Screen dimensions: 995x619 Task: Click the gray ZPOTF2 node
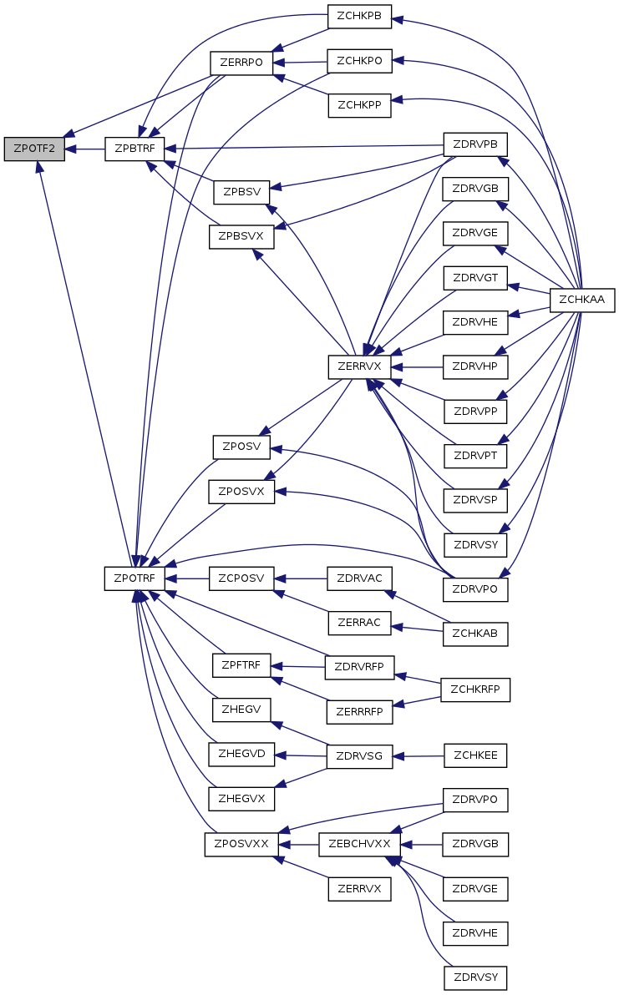pyautogui.click(x=34, y=149)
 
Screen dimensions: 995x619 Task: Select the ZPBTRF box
pyautogui.click(x=134, y=149)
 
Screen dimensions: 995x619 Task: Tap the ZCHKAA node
pyautogui.click(x=582, y=300)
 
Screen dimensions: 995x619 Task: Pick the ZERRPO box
pyautogui.click(x=241, y=63)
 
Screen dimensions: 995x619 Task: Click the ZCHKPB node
pyautogui.click(x=359, y=17)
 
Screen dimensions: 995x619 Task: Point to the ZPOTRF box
pyautogui.click(x=134, y=578)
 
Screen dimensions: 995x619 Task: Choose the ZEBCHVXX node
pyautogui.click(x=358, y=845)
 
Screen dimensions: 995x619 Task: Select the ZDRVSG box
pyautogui.click(x=359, y=756)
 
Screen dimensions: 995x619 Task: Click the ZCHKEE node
pyautogui.click(x=475, y=756)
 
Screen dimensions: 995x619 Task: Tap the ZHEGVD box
pyautogui.click(x=241, y=754)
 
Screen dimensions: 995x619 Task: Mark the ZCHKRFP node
pyautogui.click(x=475, y=689)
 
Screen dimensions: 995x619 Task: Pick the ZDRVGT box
pyautogui.click(x=475, y=278)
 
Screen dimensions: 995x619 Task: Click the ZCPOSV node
pyautogui.click(x=241, y=578)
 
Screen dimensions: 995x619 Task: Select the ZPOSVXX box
pyautogui.click(x=241, y=845)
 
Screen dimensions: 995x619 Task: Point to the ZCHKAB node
pyautogui.click(x=475, y=634)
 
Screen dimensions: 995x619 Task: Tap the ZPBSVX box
pyautogui.click(x=241, y=236)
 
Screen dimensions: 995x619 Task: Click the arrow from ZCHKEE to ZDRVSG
pyautogui.click(x=418, y=756)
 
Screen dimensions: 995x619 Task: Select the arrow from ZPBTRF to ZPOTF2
pyautogui.click(x=84, y=149)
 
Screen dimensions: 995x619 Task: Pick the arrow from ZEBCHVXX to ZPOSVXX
pyautogui.click(x=298, y=845)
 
